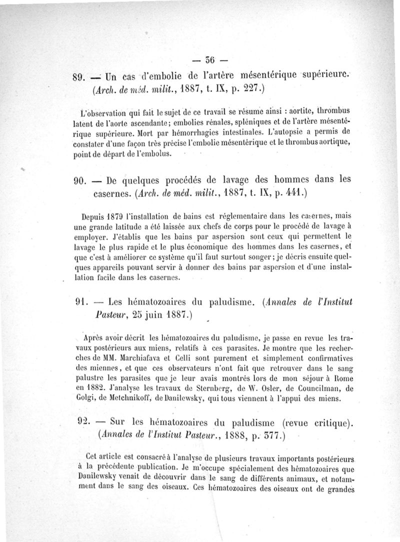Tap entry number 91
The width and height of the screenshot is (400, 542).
(x=80, y=302)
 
